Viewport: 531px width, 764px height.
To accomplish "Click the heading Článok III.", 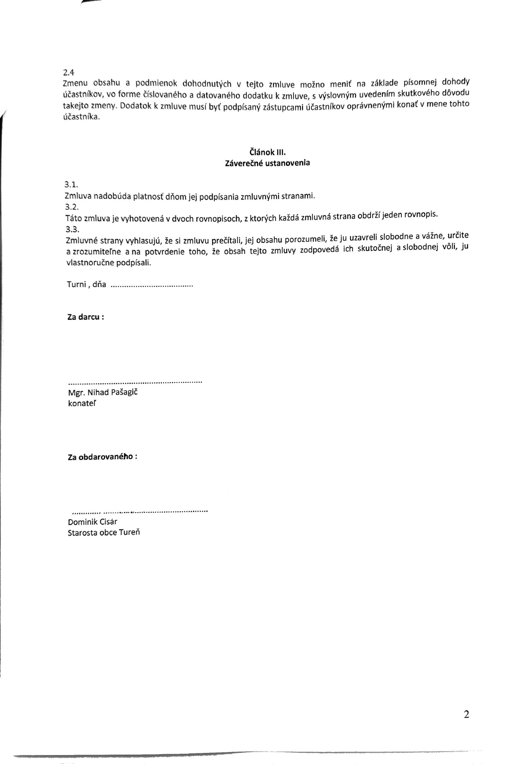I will (x=267, y=152).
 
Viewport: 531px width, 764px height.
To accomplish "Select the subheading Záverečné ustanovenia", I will (x=267, y=163).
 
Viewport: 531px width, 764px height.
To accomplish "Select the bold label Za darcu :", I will (x=86, y=317).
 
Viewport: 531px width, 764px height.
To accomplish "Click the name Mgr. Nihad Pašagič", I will (x=103, y=392).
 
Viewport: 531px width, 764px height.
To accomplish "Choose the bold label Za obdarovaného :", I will (x=102, y=457).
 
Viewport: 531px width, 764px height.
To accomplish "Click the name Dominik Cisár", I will (x=92, y=522).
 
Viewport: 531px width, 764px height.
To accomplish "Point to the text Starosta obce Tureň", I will (x=104, y=533).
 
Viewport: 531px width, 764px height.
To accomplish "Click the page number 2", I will (x=466, y=714).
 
